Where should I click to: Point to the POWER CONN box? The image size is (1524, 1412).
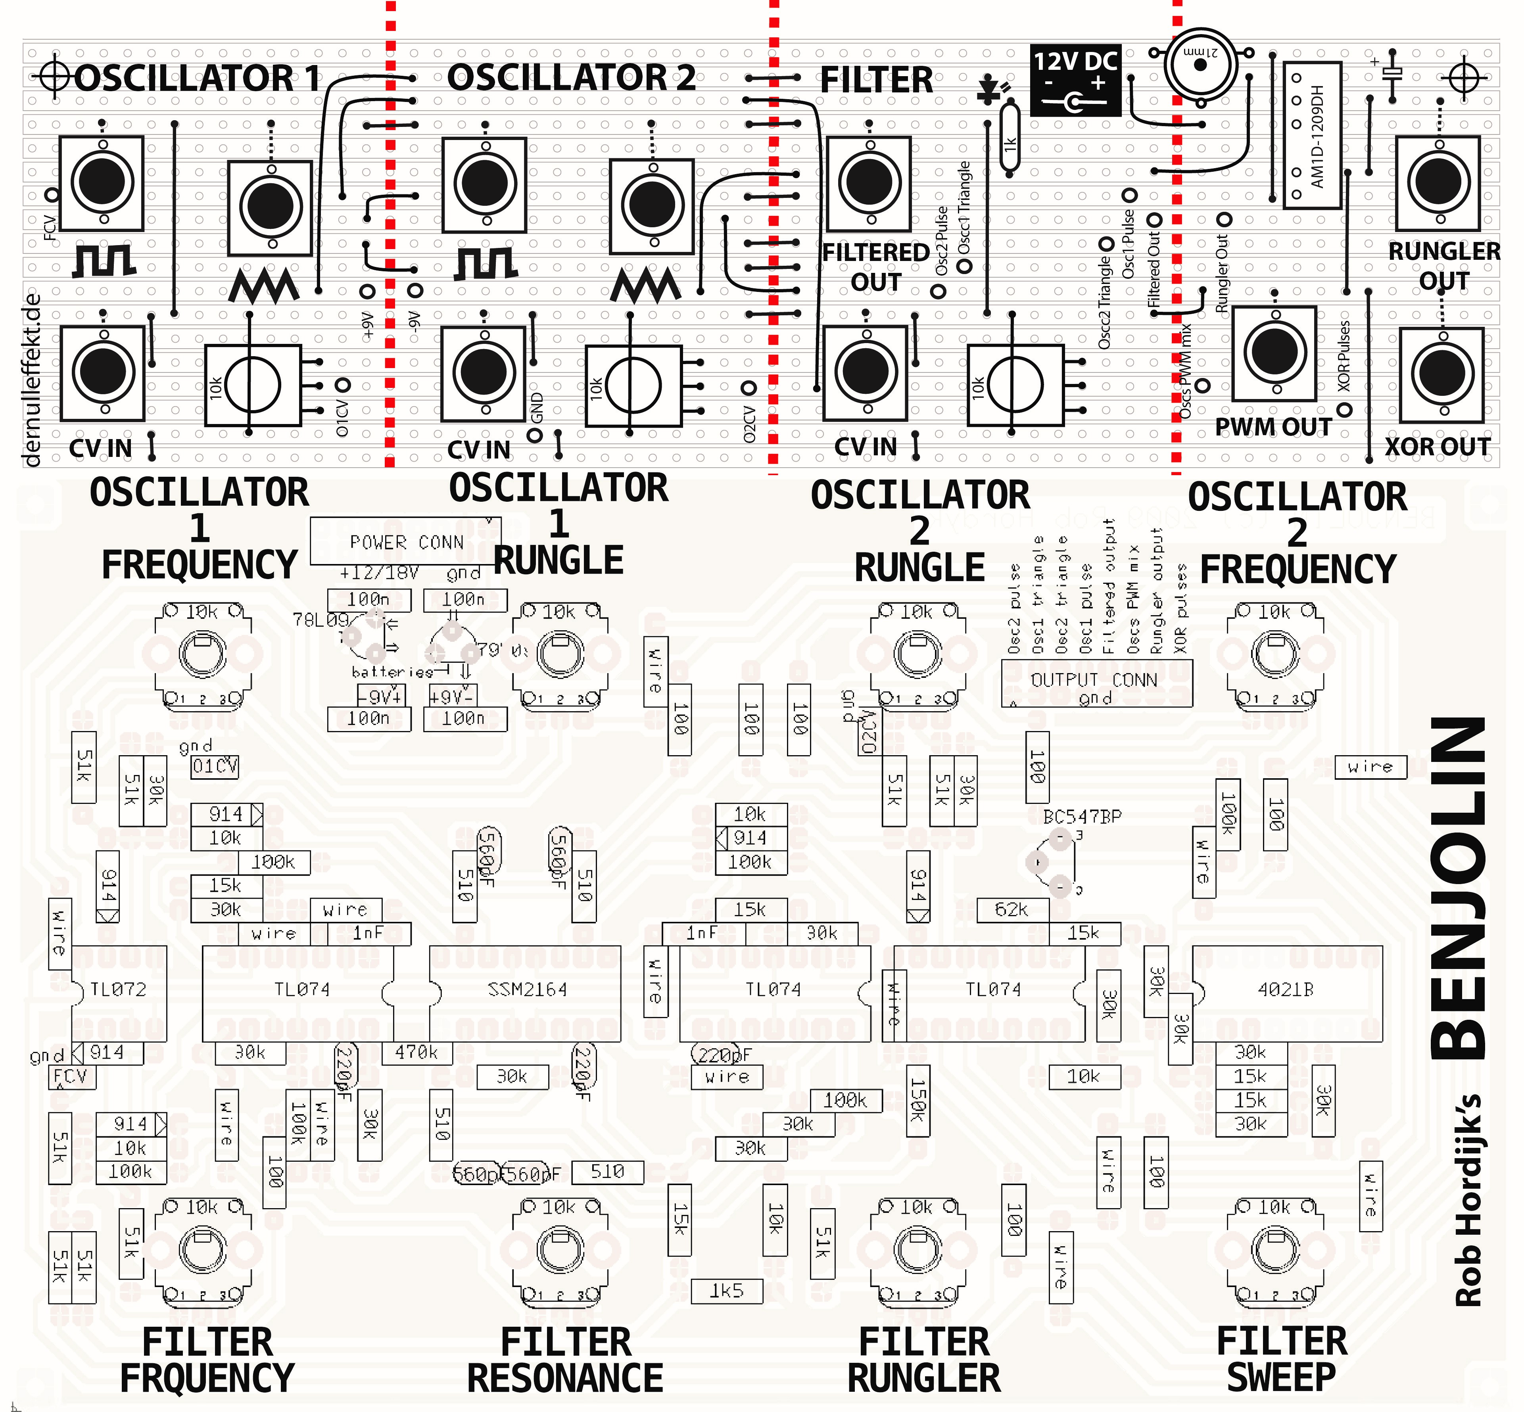[x=406, y=541]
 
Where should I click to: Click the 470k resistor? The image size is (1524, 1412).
[x=417, y=1052]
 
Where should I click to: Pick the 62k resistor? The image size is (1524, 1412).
[x=1012, y=909]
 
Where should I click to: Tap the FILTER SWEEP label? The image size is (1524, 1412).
[x=1282, y=1360]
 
